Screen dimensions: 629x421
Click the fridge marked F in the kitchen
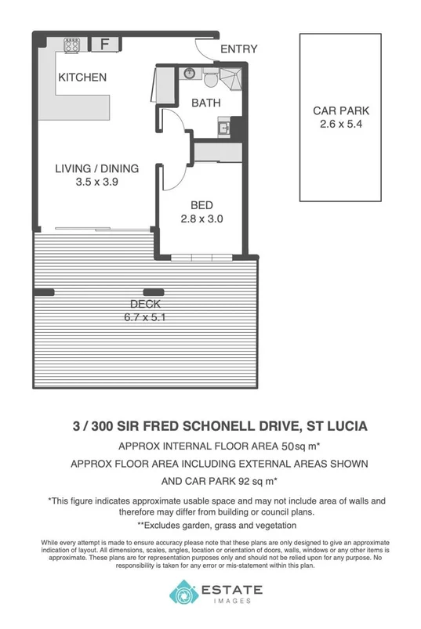pos(103,45)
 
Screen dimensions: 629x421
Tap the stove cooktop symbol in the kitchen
pos(71,45)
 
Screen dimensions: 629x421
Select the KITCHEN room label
pos(81,78)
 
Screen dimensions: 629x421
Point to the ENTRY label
pos(238,49)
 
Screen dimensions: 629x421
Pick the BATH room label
pos(205,103)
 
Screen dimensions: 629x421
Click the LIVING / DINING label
pos(96,168)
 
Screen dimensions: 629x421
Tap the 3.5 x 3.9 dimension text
pos(96,182)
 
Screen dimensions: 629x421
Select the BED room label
pos(202,206)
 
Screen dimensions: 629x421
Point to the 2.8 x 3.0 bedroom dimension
pos(202,219)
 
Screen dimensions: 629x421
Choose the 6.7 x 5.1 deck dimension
pos(146,317)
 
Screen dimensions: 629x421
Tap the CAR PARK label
pos(340,111)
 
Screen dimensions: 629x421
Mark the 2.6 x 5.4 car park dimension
pos(340,125)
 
